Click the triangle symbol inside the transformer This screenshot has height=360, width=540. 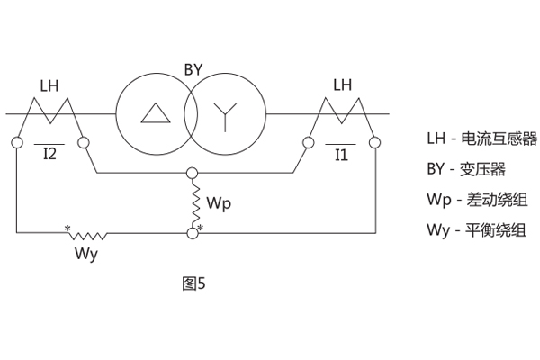click(x=154, y=113)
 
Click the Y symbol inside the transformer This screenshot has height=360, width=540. click(x=226, y=113)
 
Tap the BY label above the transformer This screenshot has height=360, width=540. click(x=192, y=67)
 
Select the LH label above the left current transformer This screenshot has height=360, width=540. click(x=50, y=86)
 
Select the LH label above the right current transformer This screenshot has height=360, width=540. click(x=343, y=86)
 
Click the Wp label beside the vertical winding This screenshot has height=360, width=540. click(x=219, y=202)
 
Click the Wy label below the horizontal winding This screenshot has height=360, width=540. click(x=86, y=254)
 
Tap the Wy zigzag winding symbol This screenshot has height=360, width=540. click(x=88, y=236)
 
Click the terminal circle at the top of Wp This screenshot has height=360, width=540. click(x=192, y=172)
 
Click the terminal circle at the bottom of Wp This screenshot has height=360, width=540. click(x=192, y=234)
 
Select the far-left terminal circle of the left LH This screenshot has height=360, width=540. click(x=17, y=142)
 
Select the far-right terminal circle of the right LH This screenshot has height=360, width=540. click(x=373, y=142)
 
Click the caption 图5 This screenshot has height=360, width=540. click(x=193, y=283)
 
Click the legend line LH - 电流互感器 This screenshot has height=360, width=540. click(x=481, y=139)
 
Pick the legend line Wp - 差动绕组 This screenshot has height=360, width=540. click(x=476, y=199)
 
